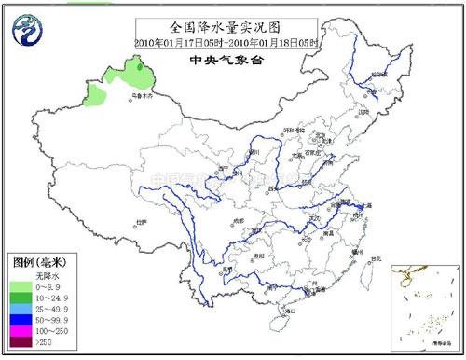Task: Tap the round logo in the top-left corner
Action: (27, 32)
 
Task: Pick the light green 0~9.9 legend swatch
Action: (21, 288)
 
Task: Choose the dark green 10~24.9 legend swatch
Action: (21, 300)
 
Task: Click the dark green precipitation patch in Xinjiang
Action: (140, 65)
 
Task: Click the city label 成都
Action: (237, 220)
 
